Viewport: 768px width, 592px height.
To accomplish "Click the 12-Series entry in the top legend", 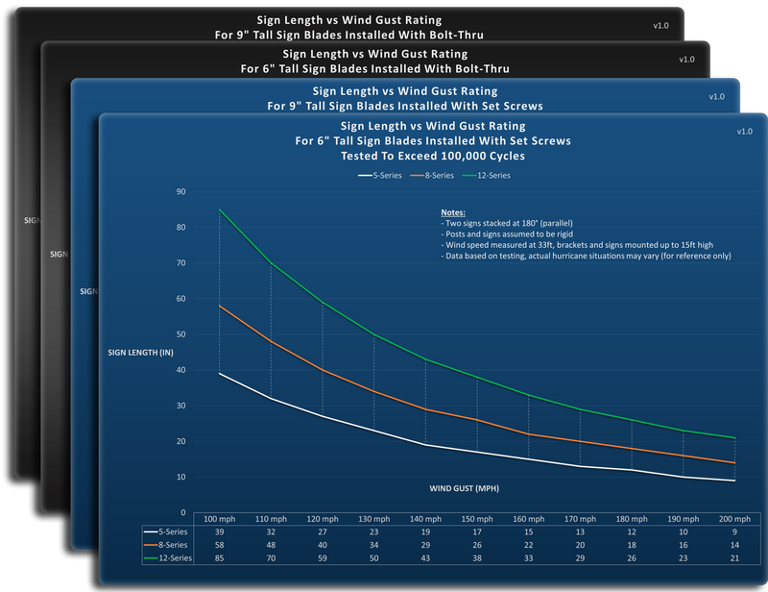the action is click(x=487, y=175).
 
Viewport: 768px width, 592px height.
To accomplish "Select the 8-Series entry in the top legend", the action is click(x=432, y=175).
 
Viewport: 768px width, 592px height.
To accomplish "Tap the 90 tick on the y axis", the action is click(x=181, y=191).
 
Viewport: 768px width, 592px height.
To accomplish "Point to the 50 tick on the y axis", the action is click(x=181, y=334).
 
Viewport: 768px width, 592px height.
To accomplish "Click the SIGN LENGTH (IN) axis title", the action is click(x=140, y=352).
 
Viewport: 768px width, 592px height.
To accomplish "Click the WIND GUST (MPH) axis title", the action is click(x=465, y=488).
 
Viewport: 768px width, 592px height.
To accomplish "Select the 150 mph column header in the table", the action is click(x=477, y=519).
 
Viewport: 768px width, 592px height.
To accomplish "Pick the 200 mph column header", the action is click(x=734, y=519).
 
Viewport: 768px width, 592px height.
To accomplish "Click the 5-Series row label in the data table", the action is click(x=165, y=531).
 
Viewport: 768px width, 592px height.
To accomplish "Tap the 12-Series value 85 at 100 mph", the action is click(x=220, y=558).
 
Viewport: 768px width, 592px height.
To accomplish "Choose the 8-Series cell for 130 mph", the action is click(x=374, y=545).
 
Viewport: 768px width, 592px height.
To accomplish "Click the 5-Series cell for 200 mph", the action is click(x=734, y=531).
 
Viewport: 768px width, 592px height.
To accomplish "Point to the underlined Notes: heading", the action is click(x=453, y=212).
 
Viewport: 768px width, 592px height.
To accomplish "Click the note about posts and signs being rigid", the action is click(x=507, y=234).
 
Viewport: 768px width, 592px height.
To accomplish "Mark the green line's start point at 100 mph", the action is click(x=220, y=210).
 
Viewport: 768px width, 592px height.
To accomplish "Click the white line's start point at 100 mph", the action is click(x=220, y=373).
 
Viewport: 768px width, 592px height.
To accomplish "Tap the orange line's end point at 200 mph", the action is click(x=734, y=462).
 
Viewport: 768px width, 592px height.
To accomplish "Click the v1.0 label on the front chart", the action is click(x=745, y=132).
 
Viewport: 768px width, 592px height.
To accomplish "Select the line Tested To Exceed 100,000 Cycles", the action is click(x=433, y=156).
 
